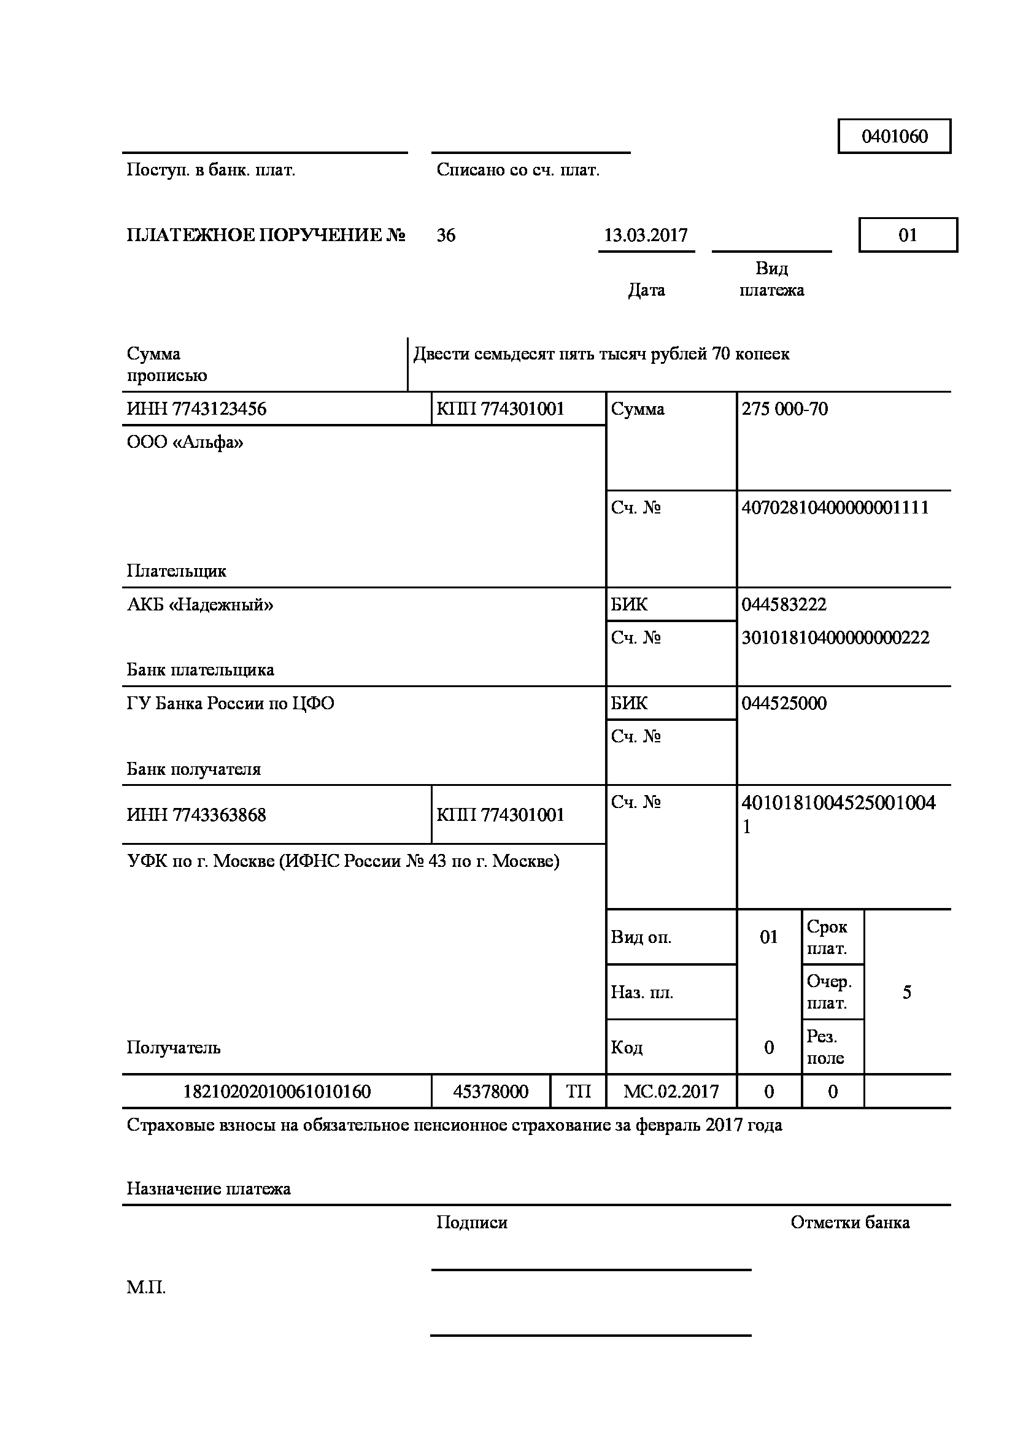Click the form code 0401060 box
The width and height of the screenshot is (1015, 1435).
(893, 136)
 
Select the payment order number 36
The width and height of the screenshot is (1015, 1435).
(446, 236)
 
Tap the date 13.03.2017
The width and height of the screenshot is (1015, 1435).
(646, 236)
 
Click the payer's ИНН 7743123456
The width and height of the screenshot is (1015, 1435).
(196, 409)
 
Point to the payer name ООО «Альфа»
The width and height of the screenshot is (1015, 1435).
(185, 442)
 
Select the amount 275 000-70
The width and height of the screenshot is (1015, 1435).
(784, 409)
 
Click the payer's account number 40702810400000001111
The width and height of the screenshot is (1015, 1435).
(835, 507)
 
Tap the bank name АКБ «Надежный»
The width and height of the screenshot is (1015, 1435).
(200, 604)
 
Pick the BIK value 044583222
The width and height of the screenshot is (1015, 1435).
(784, 604)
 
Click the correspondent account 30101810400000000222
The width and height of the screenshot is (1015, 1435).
(835, 637)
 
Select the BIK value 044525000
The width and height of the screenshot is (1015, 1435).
(784, 703)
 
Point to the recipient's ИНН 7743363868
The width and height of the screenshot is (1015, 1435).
(196, 815)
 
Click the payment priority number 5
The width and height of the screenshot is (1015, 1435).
(907, 993)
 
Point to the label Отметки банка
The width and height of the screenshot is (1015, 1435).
(849, 1223)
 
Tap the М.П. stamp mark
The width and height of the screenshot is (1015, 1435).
(146, 1288)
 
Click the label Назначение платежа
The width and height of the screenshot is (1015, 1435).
(209, 1189)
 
